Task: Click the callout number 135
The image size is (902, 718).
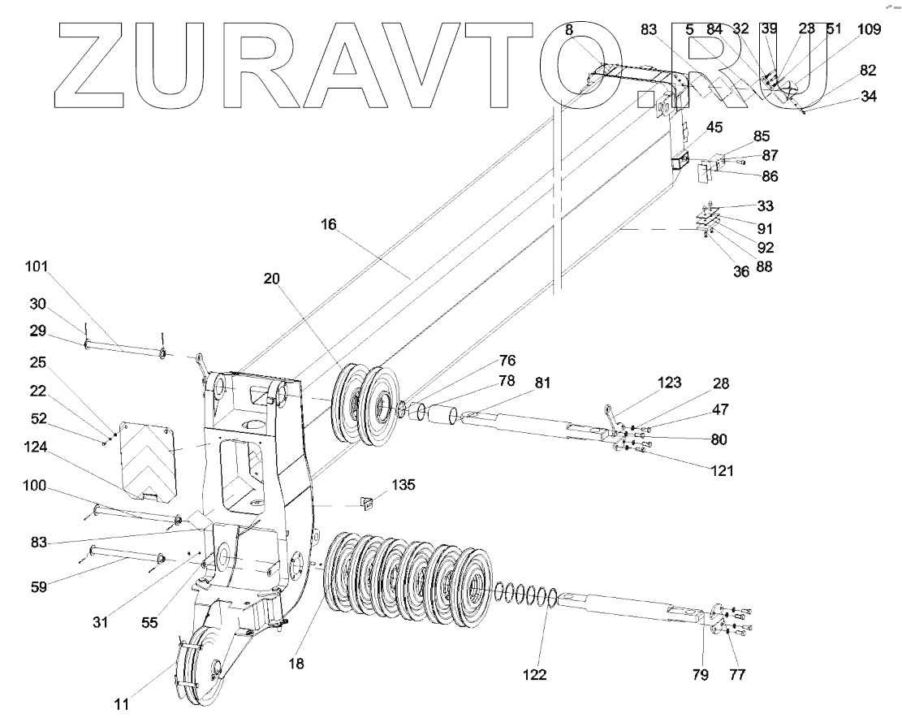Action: click(x=404, y=485)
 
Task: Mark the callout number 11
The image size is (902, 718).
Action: click(x=121, y=704)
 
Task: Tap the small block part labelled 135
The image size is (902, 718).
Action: click(x=367, y=504)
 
